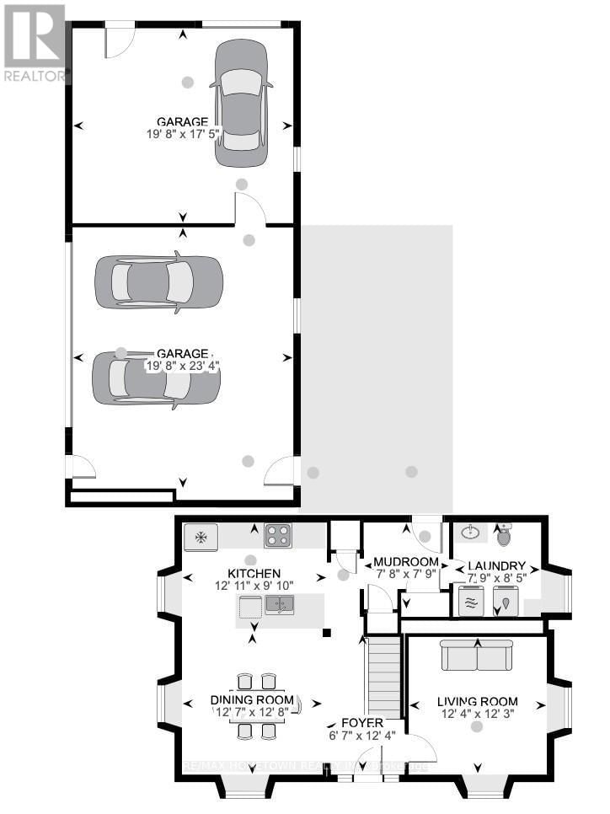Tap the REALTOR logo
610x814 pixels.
[x=34, y=42]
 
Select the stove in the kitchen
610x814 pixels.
[x=278, y=535]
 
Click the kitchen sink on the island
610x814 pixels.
[x=280, y=604]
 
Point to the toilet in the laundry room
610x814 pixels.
[x=505, y=534]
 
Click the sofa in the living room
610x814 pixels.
[x=477, y=654]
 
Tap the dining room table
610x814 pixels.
[x=256, y=706]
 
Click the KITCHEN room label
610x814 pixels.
[x=252, y=574]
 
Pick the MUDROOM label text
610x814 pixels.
[x=406, y=562]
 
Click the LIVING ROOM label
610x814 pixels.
[x=477, y=701]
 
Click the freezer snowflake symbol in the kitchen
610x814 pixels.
[x=201, y=537]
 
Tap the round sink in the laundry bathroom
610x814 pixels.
[x=470, y=533]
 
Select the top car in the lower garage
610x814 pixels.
[x=158, y=281]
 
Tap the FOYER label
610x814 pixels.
[x=362, y=724]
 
